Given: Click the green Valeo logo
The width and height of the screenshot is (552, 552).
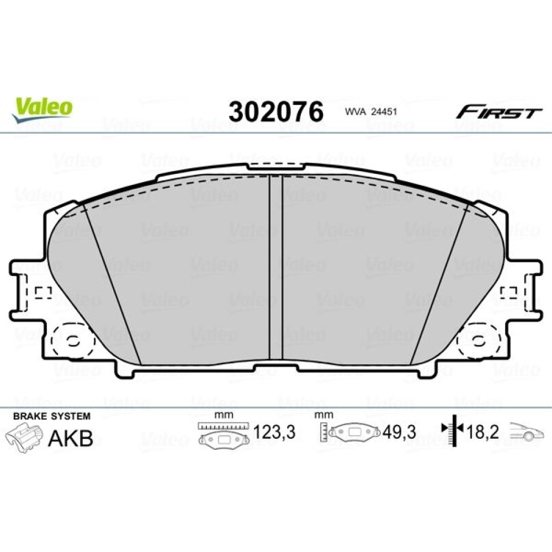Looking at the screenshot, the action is coord(42,109).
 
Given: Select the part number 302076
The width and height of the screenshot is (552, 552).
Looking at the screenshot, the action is coord(275,112).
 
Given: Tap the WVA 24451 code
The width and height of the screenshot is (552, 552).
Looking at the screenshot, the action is coord(371,112).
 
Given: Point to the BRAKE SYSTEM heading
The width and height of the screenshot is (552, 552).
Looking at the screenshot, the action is coord(52,416).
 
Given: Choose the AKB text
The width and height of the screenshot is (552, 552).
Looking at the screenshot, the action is coord(71,438).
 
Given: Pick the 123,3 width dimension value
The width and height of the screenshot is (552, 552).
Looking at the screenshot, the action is coord(274,432).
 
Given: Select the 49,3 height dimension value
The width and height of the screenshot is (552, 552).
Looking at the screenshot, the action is coord(400,432).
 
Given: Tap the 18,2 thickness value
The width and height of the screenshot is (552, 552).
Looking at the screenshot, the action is coord(482,432).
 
